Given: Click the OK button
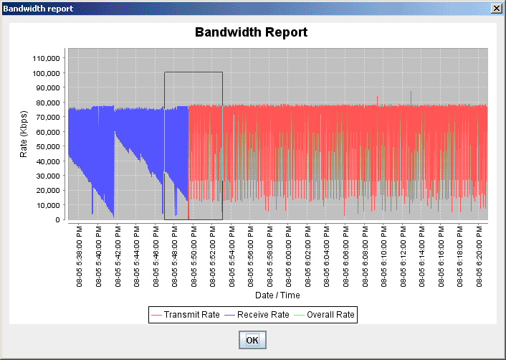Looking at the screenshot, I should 252,340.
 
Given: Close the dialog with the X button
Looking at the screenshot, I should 495,8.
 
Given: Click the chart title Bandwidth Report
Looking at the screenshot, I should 251,32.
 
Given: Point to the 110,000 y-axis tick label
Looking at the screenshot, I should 44,58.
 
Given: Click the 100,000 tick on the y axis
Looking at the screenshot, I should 44,72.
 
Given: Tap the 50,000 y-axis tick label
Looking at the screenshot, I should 47,146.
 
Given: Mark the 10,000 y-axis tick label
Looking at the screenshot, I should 47,205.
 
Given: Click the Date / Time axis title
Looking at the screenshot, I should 277,295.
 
